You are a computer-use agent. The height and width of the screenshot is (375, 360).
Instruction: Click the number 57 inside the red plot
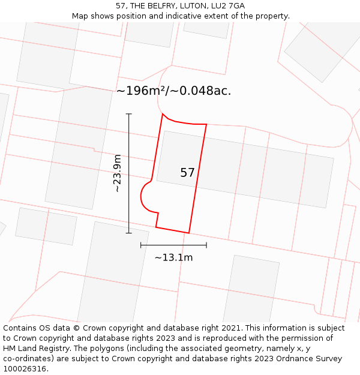point(187,173)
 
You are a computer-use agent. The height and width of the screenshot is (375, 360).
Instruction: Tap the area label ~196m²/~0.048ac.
point(173,91)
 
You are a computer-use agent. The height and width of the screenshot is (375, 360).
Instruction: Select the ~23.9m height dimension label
point(117,173)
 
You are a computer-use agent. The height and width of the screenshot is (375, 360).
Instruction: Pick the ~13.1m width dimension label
point(173,257)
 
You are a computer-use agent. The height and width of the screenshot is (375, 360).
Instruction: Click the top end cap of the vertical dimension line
point(128,114)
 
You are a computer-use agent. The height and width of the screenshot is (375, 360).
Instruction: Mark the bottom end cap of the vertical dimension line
point(128,233)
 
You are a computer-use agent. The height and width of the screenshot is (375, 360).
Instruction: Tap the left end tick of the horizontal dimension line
point(141,245)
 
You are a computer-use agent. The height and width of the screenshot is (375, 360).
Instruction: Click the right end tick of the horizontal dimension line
point(206,245)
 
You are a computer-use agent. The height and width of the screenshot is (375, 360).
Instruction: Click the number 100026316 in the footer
point(23,369)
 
